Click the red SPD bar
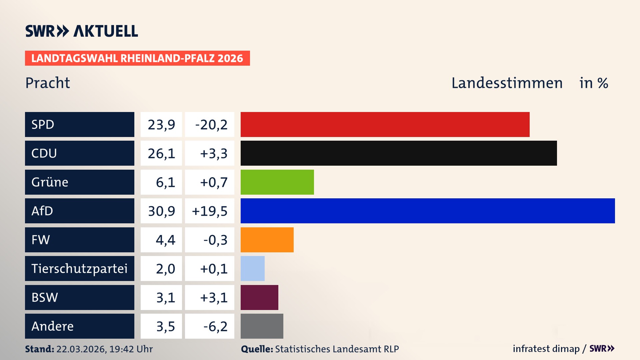(385, 124)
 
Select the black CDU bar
(399, 153)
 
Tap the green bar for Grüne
(277, 182)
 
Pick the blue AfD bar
(428, 211)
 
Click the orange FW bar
(267, 240)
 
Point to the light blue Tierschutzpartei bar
(252, 268)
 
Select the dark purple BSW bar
(259, 297)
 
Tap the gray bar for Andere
(262, 326)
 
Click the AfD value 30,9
(161, 211)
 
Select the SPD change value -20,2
(211, 125)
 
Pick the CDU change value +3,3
(213, 153)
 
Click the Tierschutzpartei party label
(79, 269)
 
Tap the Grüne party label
(50, 182)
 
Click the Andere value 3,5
(165, 326)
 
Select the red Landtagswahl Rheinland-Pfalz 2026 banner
(137, 58)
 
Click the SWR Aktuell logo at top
(82, 31)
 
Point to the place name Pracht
(48, 83)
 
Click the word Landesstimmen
(507, 83)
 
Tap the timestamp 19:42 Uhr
(131, 349)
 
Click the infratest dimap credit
(546, 349)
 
